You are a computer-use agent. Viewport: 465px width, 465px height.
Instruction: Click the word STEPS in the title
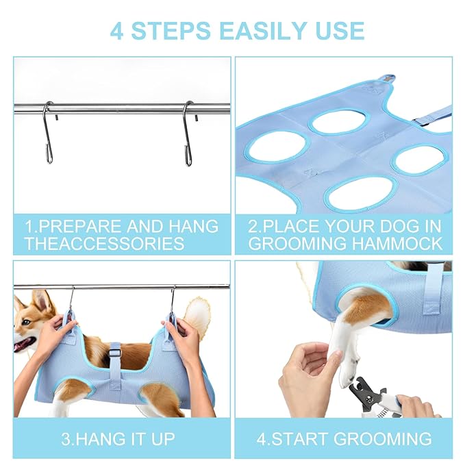point(171,30)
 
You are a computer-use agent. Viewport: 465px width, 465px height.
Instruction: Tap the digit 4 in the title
point(116,31)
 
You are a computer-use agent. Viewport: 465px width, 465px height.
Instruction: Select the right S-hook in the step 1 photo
point(188,133)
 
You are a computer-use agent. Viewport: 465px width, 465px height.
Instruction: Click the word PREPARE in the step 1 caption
point(80,227)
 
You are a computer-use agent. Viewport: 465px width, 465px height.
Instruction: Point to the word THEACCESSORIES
point(104,244)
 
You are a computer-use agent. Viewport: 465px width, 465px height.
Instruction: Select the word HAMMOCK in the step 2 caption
point(397,244)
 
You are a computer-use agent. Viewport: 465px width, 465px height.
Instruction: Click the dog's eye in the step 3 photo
point(27,322)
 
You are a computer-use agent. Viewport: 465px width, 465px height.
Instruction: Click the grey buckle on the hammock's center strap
point(115,353)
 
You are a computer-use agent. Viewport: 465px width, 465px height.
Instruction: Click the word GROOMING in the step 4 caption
point(383,438)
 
